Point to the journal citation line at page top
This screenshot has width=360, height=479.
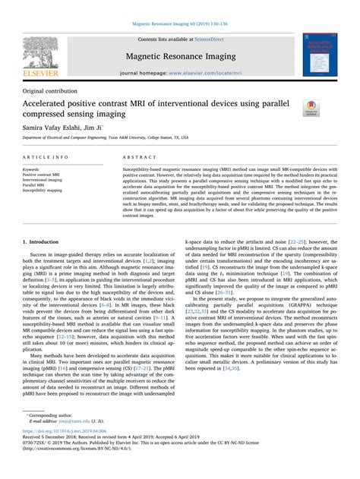179,24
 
